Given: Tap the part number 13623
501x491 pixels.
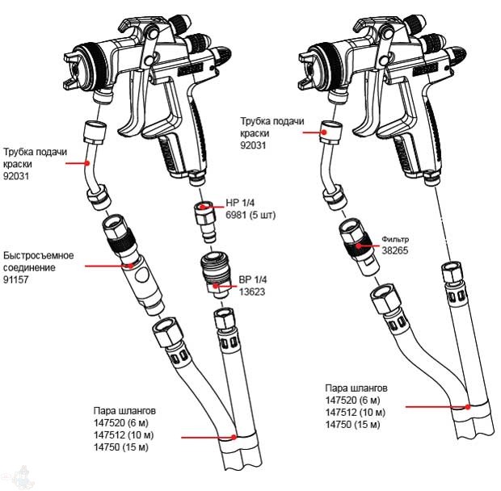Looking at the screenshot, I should click(x=251, y=292).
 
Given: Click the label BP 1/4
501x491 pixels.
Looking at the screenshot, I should click(x=252, y=280).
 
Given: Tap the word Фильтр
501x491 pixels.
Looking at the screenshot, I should click(x=396, y=240).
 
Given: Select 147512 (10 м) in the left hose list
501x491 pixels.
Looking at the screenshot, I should click(x=124, y=434).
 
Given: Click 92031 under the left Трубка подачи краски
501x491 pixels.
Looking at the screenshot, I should click(x=17, y=175).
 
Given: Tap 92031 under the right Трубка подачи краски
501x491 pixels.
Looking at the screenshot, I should click(x=254, y=145).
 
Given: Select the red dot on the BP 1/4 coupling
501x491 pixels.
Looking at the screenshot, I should click(x=229, y=285).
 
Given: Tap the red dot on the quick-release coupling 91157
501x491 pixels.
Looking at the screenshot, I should click(x=128, y=264).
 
